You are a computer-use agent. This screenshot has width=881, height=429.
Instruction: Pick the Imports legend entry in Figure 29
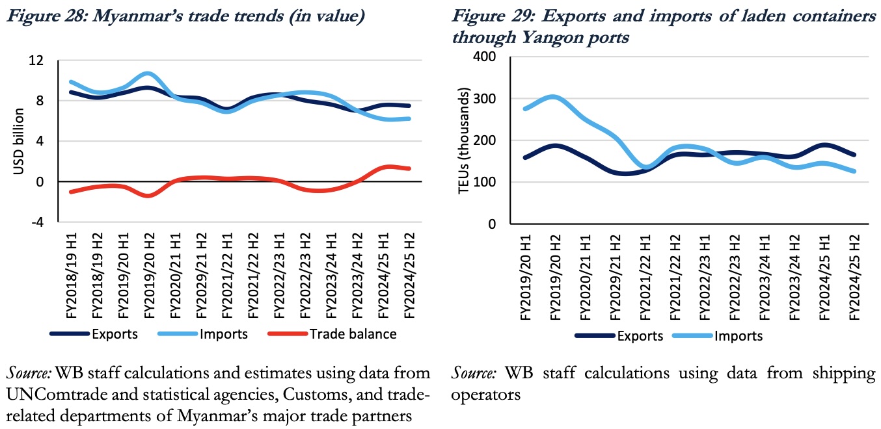coord(739,336)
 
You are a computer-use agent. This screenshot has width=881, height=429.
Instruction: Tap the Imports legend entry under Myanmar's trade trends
coord(224,334)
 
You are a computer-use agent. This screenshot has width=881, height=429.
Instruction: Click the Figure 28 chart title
coord(185,16)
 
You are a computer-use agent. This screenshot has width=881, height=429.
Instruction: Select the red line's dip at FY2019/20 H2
coord(148,196)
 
